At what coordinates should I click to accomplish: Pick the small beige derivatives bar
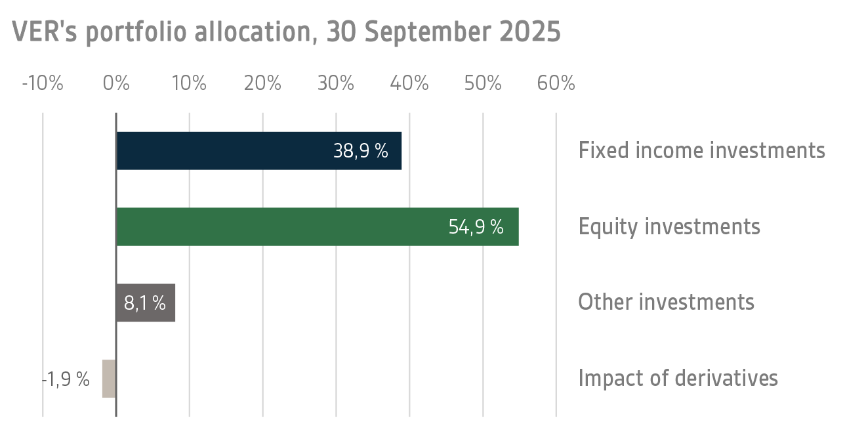[109, 379]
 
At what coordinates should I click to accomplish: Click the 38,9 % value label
[361, 151]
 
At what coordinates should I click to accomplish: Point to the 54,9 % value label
[476, 227]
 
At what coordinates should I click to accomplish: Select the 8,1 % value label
[145, 303]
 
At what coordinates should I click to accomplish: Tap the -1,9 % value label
[66, 379]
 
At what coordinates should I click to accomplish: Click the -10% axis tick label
[43, 84]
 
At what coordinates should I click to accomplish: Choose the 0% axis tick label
[116, 84]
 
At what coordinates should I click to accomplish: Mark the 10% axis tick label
[189, 84]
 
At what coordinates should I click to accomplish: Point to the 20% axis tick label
[262, 84]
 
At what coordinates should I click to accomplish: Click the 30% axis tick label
[336, 84]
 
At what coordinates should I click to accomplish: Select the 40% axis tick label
[409, 84]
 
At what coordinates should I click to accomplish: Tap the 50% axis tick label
[483, 84]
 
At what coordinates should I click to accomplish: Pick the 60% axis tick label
[556, 84]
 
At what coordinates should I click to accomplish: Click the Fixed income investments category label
[701, 150]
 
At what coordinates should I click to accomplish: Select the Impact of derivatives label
[678, 379]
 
